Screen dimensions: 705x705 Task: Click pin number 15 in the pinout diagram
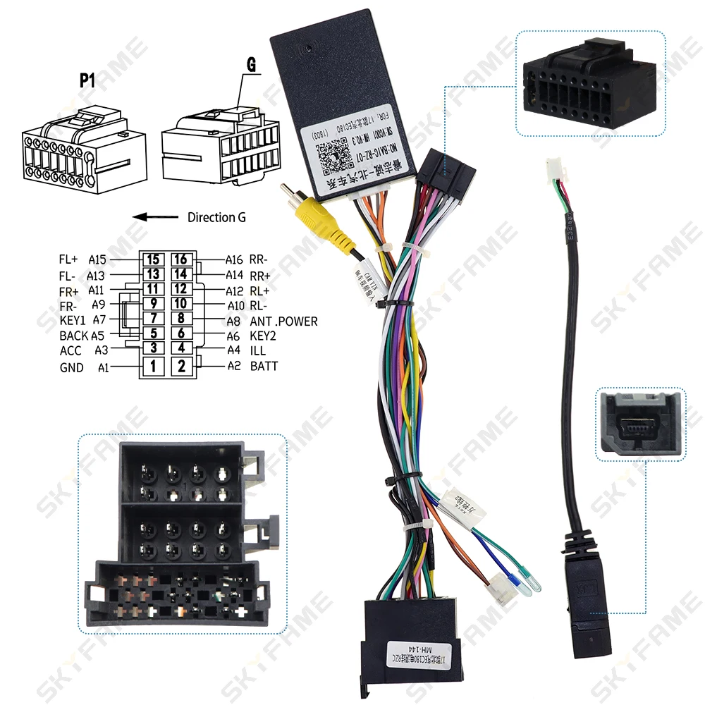(154, 259)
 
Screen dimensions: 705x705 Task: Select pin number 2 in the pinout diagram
(181, 366)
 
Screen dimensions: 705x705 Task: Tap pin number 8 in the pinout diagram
(181, 319)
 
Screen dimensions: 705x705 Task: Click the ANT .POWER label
(283, 321)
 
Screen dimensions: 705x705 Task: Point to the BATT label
(264, 366)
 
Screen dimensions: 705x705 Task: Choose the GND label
(71, 367)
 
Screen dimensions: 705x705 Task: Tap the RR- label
(260, 259)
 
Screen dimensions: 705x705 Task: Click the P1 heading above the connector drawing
(87, 80)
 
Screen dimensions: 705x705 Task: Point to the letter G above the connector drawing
(250, 65)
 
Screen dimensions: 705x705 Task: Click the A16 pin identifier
(234, 260)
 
